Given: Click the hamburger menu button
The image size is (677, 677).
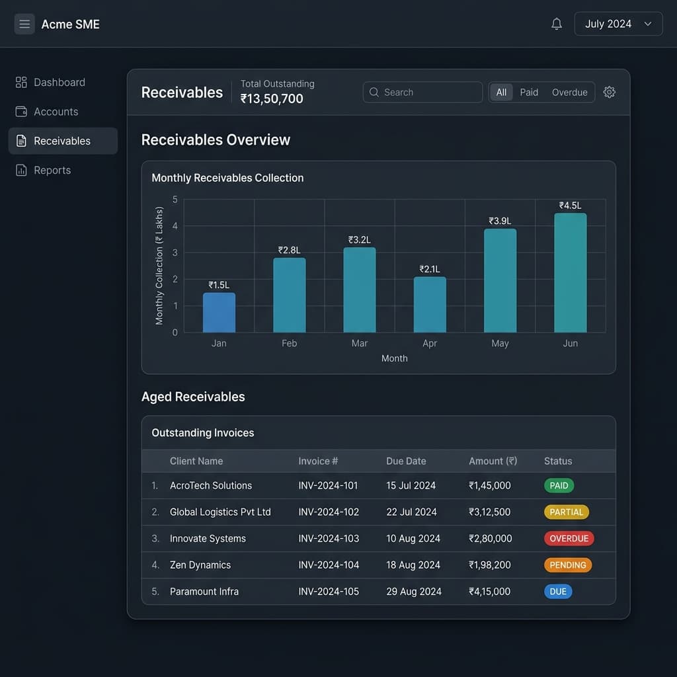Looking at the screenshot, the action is point(24,24).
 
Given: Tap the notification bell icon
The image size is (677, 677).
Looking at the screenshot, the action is point(557,24).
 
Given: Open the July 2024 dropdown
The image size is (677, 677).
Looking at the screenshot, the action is point(618,24).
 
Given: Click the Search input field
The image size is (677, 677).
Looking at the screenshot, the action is point(422,92).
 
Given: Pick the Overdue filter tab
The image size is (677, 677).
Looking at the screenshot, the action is point(569,93).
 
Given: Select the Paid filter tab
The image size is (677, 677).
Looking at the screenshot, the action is point(529,93).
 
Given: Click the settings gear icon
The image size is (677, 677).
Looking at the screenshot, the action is point(609,92).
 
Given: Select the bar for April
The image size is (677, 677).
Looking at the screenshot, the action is point(430,305).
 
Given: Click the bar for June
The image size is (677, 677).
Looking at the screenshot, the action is point(571,273).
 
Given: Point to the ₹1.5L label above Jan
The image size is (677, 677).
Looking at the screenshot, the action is point(219,285).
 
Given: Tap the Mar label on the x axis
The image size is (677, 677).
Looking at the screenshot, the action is point(359,343).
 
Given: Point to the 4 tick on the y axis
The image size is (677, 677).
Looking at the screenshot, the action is point(175,226).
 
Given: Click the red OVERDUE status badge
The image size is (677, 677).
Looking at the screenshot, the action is point(569,538).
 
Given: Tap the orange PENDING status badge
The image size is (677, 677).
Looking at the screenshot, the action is point(568,565).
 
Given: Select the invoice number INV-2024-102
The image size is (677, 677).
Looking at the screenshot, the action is point(329,512).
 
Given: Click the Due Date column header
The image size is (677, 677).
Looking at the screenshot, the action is point(406,461).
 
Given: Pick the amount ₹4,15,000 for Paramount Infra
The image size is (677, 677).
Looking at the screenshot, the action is point(490,592).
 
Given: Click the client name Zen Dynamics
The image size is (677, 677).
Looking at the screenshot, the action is point(200,565).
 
